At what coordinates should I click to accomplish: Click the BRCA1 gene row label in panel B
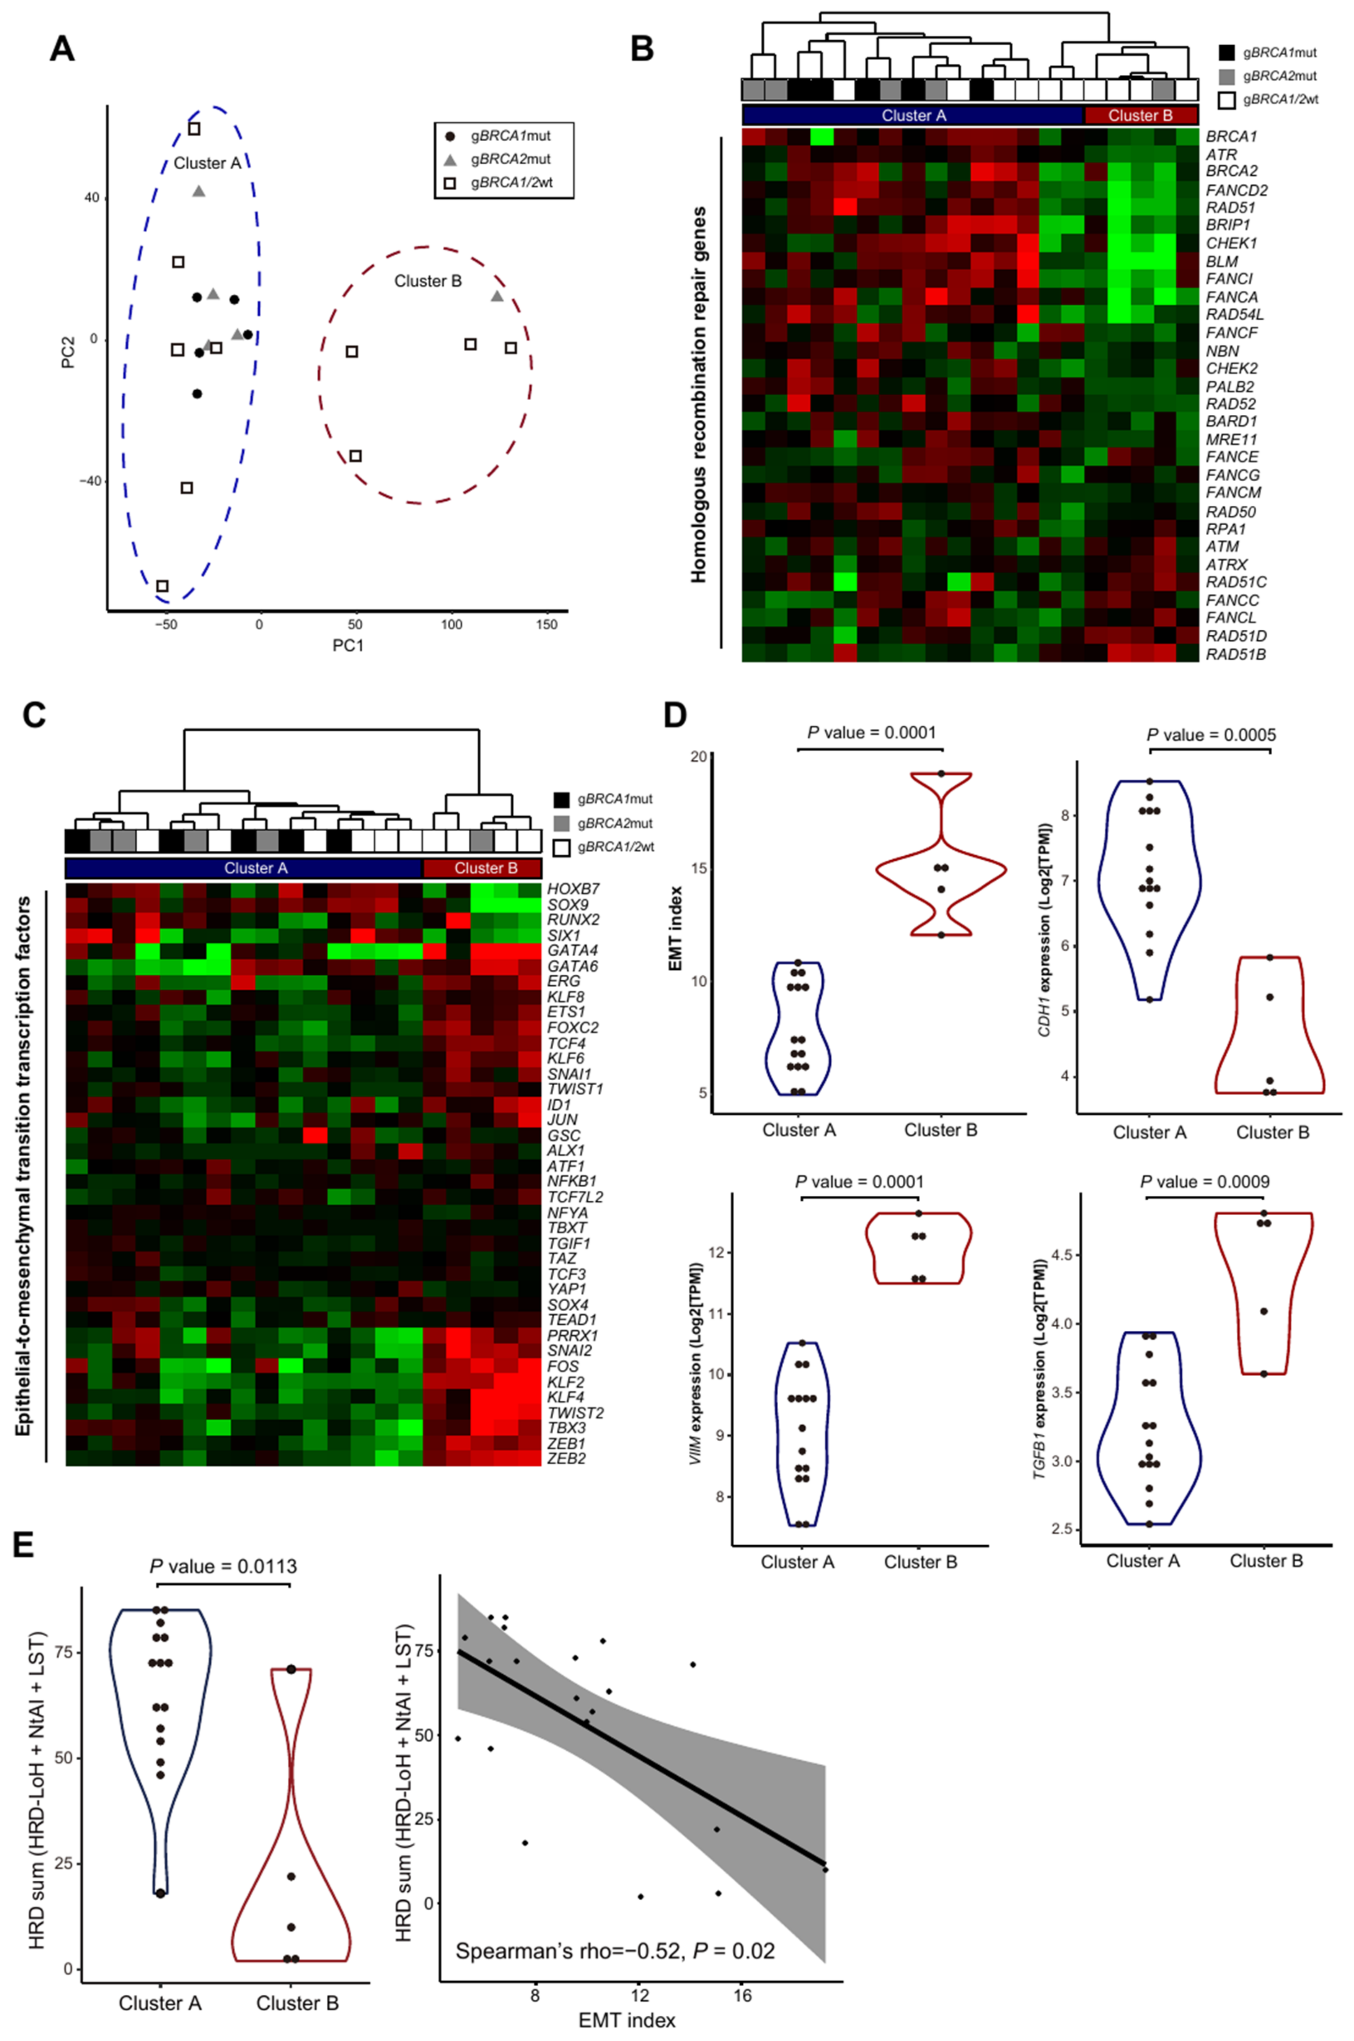1231,137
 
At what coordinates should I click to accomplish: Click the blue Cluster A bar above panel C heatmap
244,868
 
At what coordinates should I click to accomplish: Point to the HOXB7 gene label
572,889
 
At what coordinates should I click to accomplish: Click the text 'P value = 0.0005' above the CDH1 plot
1211,735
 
